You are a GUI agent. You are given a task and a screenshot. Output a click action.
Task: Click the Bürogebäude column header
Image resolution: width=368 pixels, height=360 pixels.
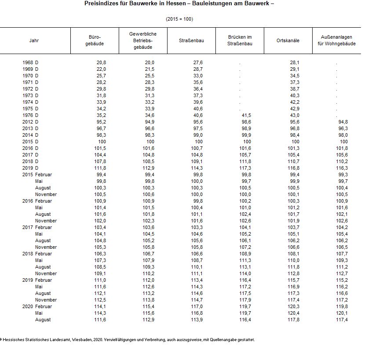(95, 40)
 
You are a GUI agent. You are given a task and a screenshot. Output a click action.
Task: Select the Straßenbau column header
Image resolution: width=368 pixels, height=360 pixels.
(191, 40)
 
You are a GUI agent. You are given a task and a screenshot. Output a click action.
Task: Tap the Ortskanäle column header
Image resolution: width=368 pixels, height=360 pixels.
(288, 40)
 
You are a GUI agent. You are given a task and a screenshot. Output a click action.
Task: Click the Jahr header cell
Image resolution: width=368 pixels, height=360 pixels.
(34, 40)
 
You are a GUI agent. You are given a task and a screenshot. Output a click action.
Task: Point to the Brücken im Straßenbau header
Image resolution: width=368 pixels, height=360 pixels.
(240, 40)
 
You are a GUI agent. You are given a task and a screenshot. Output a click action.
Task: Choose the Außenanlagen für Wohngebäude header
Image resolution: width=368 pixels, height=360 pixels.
(336, 40)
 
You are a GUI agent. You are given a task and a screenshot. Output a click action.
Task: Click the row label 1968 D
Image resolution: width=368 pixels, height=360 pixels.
(30, 62)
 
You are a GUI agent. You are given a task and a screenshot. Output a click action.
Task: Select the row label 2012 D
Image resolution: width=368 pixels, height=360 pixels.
(30, 122)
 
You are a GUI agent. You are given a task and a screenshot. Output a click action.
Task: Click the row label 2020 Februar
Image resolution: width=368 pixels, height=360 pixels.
(37, 306)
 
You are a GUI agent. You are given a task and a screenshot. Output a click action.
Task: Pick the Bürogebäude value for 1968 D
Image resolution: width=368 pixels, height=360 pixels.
(101, 62)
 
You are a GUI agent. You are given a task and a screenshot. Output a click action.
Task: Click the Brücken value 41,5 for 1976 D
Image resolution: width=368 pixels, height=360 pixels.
(246, 115)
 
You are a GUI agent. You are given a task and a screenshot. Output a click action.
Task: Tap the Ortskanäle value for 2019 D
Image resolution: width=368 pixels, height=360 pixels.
(293, 168)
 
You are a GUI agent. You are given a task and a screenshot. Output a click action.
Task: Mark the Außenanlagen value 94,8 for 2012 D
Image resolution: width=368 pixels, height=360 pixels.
(342, 122)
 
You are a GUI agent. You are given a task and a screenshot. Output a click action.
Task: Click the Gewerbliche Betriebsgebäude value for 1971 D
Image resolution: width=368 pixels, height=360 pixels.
(149, 82)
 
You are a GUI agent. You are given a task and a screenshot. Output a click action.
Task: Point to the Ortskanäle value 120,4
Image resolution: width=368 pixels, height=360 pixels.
(293, 313)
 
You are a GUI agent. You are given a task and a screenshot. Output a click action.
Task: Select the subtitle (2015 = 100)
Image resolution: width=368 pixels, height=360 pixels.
(179, 19)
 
